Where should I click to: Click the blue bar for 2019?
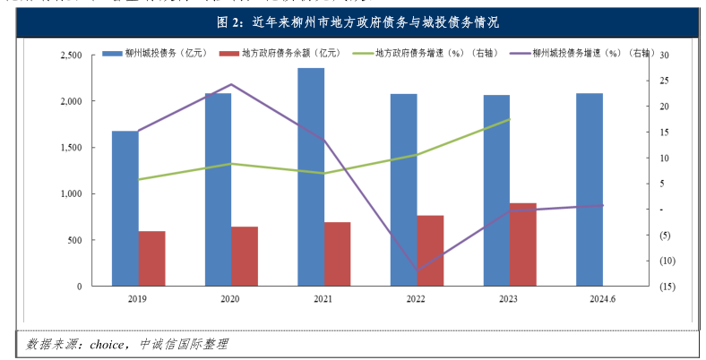(x=125, y=208)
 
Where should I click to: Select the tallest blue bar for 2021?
(x=311, y=176)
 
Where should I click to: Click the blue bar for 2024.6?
(x=589, y=189)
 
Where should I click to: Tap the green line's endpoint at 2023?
(x=510, y=119)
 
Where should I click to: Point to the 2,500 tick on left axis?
(x=70, y=56)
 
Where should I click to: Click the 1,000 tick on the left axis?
(x=70, y=193)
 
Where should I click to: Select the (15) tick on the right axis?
(x=667, y=287)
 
